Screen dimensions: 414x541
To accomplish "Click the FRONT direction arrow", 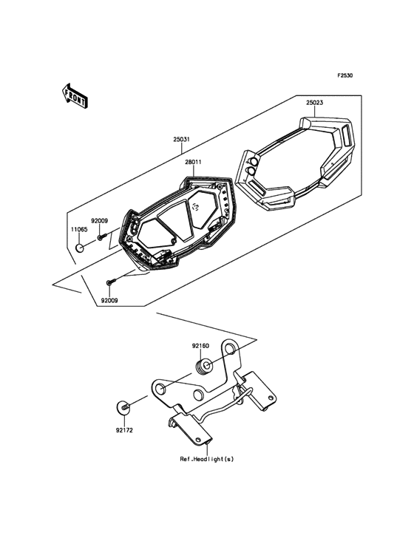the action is coord(75,96).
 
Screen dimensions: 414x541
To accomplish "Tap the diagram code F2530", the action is coord(345,75).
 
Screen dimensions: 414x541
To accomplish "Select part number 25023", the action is coord(314,103).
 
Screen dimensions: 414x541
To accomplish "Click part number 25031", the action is coord(181,140).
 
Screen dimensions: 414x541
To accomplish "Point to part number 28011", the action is coord(194,162).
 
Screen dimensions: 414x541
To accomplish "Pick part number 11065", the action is coord(79,229).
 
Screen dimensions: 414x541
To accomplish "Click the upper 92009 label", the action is coord(99,221).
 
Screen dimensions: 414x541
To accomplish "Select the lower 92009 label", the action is coord(109,301).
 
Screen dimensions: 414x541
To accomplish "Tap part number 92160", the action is coord(200,346).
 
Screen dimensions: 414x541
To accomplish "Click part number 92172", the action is coord(124,430).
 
